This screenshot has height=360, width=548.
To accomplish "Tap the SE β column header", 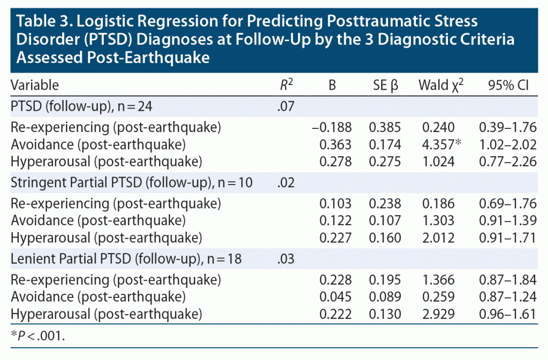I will click(383, 85).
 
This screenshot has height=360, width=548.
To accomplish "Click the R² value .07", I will click(286, 106).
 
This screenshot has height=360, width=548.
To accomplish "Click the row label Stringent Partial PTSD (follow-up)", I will click(132, 183).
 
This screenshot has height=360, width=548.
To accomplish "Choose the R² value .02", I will click(286, 183).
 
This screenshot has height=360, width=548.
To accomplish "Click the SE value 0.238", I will click(383, 203).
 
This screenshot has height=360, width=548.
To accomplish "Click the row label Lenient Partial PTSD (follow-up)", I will click(126, 259).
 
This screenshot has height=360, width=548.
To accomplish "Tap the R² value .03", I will click(286, 259).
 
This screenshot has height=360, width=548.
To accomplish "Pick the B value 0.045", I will click(336, 296).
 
